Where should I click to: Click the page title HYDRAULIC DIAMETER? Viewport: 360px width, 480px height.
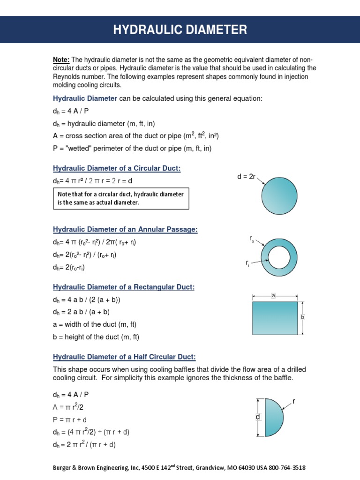(180, 30)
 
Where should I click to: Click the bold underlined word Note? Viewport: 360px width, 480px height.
(61, 60)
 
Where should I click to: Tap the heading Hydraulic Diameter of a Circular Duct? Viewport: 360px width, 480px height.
(116, 168)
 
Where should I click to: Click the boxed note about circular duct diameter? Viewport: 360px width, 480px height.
(120, 198)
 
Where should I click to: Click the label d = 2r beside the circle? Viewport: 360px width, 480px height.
(246, 176)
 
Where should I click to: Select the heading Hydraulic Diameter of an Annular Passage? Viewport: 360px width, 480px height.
(125, 229)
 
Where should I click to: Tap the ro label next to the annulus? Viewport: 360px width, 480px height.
(252, 239)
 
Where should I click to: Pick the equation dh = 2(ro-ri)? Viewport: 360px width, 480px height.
(69, 267)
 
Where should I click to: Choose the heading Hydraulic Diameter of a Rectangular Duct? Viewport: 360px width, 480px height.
(123, 287)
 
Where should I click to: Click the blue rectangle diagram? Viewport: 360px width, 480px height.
(275, 318)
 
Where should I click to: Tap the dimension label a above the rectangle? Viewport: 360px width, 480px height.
(273, 296)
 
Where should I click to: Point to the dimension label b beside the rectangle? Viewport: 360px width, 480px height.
(303, 317)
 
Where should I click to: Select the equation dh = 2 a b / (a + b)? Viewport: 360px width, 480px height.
(81, 312)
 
